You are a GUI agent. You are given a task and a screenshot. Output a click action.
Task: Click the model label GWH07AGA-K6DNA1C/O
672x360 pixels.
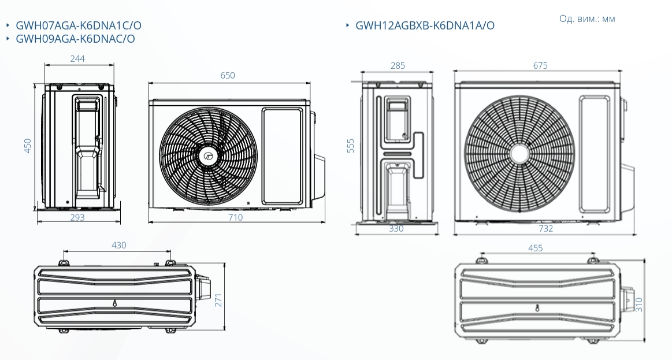click(x=79, y=25)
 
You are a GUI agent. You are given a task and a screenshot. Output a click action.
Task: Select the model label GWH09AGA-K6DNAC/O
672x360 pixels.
click(x=76, y=39)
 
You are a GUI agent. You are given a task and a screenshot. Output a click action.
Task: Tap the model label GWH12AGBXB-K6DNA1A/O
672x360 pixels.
click(x=425, y=25)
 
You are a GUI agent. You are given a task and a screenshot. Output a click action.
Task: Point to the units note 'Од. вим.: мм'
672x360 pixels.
click(x=587, y=18)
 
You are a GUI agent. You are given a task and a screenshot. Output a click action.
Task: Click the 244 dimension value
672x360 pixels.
click(x=77, y=59)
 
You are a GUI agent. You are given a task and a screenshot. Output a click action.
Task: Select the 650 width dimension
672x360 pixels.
click(x=228, y=76)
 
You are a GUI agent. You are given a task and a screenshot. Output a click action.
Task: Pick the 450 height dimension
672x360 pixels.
click(x=28, y=146)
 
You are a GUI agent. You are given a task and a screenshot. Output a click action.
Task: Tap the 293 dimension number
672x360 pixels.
click(x=77, y=217)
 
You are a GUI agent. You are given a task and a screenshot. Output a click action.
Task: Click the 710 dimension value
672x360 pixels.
click(x=235, y=217)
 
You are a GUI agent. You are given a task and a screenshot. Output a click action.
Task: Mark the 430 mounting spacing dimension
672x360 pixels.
click(x=118, y=245)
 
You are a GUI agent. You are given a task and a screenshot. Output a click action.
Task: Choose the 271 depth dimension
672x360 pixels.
click(x=218, y=300)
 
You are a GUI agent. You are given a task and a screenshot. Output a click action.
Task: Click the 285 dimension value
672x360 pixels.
click(x=398, y=65)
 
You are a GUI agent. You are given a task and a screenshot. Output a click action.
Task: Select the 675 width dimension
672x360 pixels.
click(x=540, y=65)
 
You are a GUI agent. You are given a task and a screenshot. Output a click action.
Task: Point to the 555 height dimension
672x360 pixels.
click(x=351, y=146)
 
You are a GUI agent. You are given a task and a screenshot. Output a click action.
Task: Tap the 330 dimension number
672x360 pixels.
click(x=396, y=228)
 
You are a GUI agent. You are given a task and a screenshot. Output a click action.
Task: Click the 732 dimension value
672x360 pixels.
click(x=545, y=228)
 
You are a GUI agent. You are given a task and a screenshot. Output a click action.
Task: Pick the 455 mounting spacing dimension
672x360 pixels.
click(x=535, y=248)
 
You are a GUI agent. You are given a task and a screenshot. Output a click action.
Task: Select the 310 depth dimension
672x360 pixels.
click(x=639, y=305)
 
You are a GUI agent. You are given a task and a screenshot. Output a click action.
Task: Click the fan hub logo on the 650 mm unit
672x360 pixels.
click(x=209, y=156)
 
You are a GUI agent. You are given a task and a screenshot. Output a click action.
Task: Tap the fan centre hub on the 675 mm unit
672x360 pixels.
click(x=519, y=154)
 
